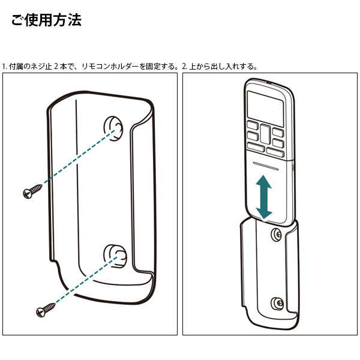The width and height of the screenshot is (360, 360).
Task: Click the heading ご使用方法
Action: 46,20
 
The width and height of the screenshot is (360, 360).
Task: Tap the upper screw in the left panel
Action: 32,191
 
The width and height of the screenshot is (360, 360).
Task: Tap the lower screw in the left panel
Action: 46,310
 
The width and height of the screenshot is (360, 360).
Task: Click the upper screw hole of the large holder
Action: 113,128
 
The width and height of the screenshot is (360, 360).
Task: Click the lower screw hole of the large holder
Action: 115,256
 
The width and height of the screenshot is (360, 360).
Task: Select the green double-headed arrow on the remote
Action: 264,197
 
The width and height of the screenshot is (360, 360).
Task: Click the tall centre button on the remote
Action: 265,134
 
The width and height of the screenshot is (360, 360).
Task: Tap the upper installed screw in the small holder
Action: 277,235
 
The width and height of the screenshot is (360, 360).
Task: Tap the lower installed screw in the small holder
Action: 277,303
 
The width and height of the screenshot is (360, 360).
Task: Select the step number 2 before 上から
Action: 184,67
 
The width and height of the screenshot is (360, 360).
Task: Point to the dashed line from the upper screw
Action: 79,157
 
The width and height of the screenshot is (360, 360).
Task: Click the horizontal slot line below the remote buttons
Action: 266,166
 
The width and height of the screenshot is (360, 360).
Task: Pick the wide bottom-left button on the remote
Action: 256,147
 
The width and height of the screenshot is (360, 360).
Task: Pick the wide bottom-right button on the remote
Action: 275,152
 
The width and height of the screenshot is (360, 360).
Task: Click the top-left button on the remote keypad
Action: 253,125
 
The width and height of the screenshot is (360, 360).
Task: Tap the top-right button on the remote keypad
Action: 278,133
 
